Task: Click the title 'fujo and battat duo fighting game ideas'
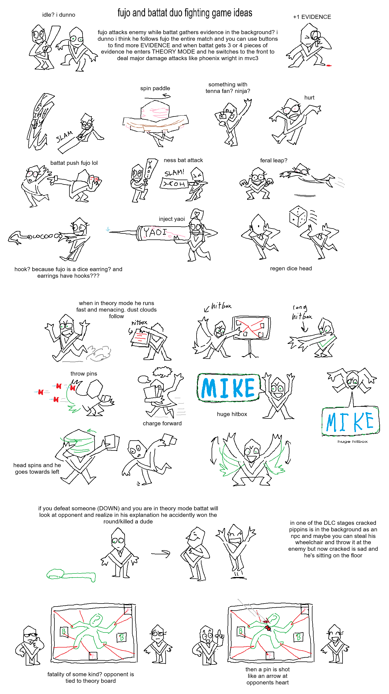pyautogui.click(x=185, y=13)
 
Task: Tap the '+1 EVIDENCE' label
pyautogui.click(x=312, y=17)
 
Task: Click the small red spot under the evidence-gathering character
pyautogui.click(x=329, y=65)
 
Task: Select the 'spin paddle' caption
pyautogui.click(x=155, y=88)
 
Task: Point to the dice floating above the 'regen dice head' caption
pyautogui.click(x=298, y=216)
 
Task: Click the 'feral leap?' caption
pyautogui.click(x=274, y=160)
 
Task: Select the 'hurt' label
pyautogui.click(x=309, y=98)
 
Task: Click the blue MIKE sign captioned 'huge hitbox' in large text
pyautogui.click(x=228, y=388)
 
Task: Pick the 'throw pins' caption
pyautogui.click(x=84, y=374)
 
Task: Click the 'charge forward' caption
pyautogui.click(x=162, y=423)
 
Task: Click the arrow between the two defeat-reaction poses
pyautogui.click(x=161, y=554)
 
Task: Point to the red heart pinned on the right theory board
pyautogui.click(x=268, y=628)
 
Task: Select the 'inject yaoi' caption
pyautogui.click(x=172, y=219)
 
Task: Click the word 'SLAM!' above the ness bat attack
pyautogui.click(x=174, y=173)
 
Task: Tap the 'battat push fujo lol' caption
pyautogui.click(x=74, y=163)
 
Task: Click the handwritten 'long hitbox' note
pyautogui.click(x=301, y=313)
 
